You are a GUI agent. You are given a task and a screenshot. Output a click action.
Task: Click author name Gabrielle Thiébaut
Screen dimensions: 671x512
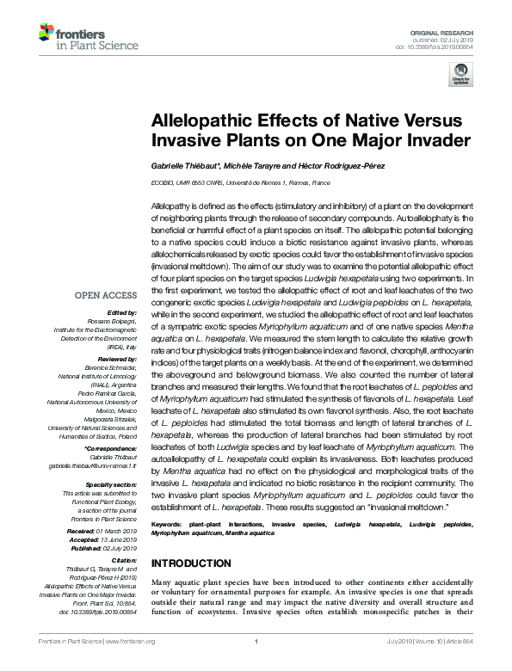188,165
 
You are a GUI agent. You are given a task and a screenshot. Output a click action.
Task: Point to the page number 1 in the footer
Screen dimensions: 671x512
256,665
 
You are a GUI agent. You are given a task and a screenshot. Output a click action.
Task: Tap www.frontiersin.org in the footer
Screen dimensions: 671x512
129,665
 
